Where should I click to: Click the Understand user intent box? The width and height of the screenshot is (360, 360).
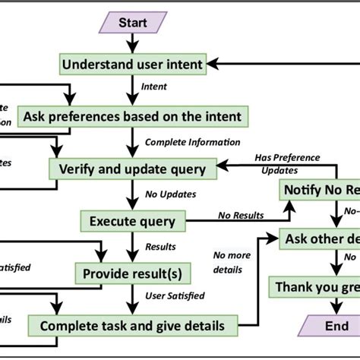pyautogui.click(x=133, y=65)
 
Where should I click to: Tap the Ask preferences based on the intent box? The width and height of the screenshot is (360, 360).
pyautogui.click(x=132, y=116)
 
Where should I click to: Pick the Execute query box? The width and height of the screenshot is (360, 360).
pyautogui.click(x=133, y=221)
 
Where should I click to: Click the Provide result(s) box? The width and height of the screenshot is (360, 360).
pyautogui.click(x=132, y=273)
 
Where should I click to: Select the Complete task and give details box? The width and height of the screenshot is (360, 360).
pyautogui.click(x=132, y=326)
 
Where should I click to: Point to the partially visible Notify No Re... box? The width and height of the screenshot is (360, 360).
pyautogui.click(x=320, y=189)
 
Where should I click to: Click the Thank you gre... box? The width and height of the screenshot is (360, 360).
pyautogui.click(x=315, y=287)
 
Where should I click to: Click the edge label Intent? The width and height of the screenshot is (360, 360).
pyautogui.click(x=154, y=87)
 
